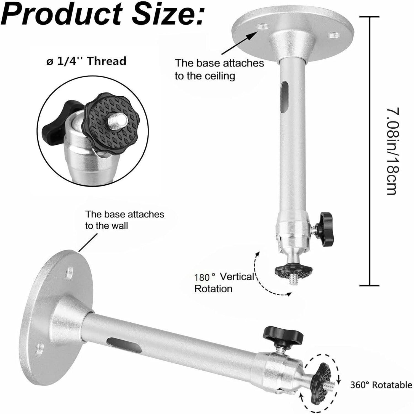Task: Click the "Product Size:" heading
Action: [104, 13]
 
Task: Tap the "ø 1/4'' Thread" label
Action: [86, 61]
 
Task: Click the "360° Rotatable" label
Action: [381, 385]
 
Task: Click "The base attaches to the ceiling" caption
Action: [219, 69]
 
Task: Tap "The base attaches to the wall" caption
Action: [124, 220]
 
